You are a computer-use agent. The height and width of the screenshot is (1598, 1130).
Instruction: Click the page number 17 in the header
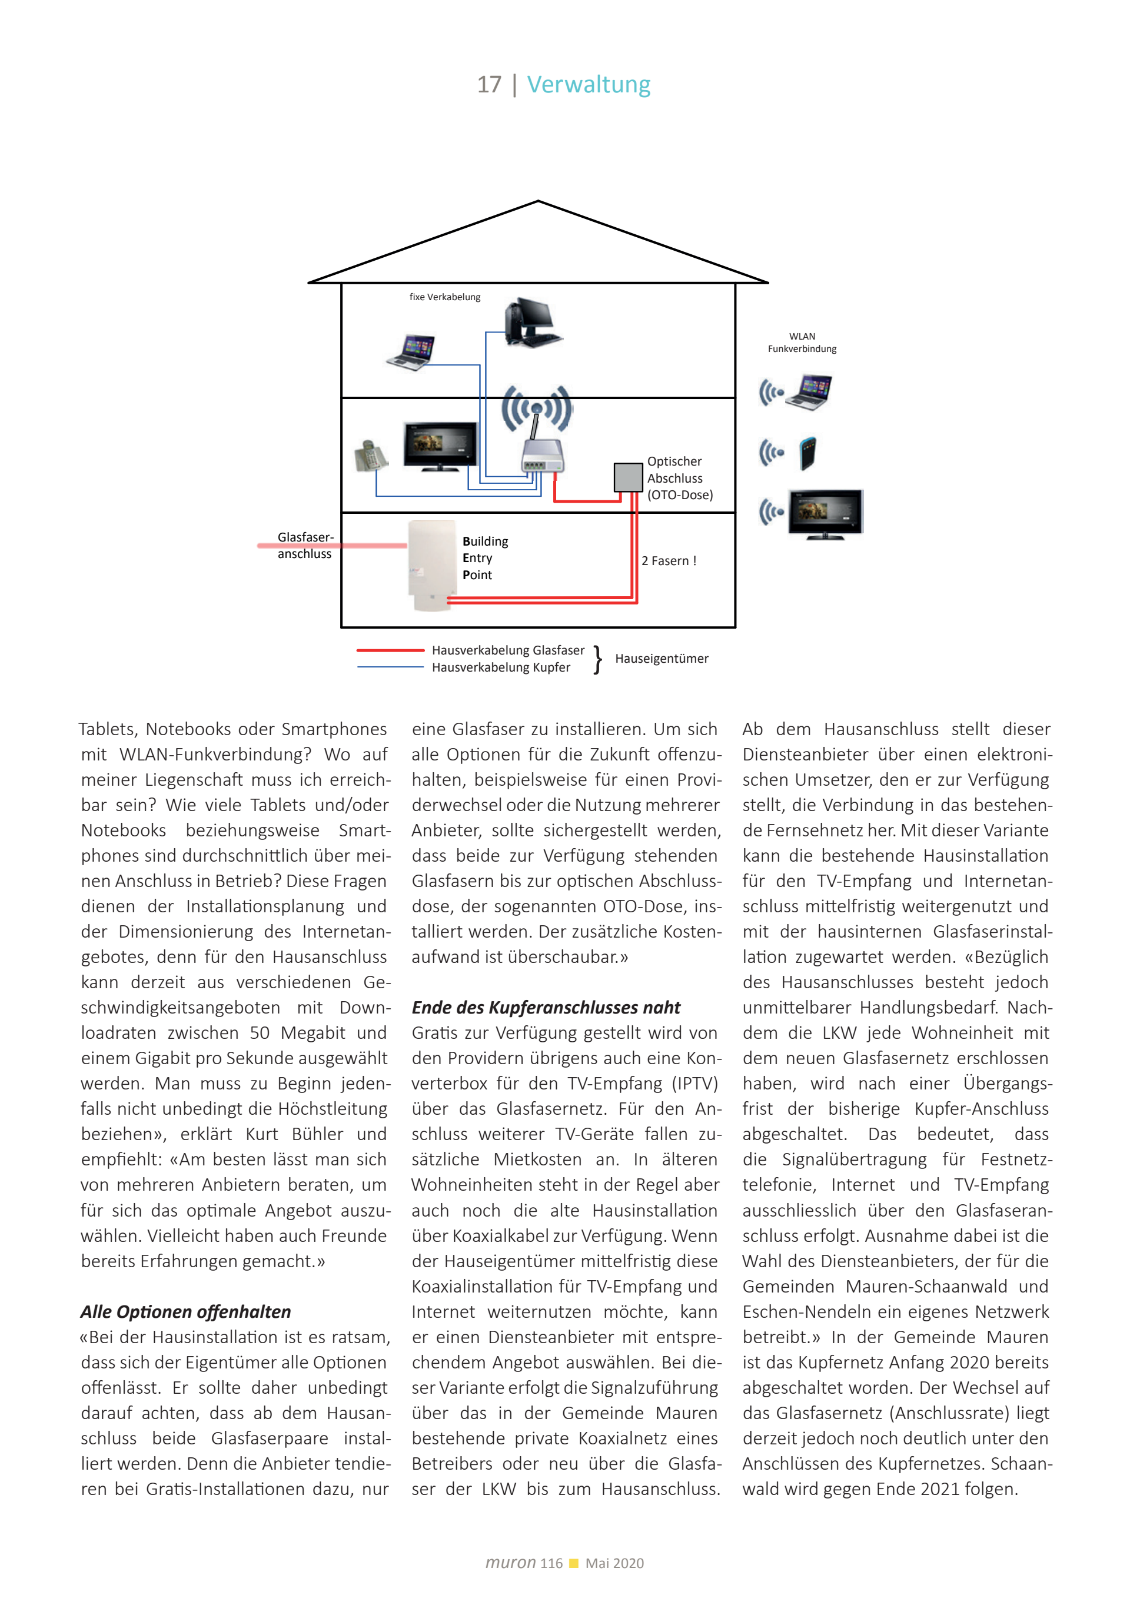[x=488, y=85]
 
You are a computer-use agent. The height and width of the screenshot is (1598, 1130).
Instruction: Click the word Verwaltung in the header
[x=588, y=85]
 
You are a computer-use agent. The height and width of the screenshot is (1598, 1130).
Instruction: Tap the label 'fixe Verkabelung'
[x=444, y=297]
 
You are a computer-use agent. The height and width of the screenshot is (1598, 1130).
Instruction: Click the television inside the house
[x=440, y=446]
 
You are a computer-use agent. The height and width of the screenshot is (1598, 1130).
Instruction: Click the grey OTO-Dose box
[x=627, y=477]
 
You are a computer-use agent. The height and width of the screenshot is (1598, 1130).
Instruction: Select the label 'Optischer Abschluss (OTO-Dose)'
[x=679, y=478]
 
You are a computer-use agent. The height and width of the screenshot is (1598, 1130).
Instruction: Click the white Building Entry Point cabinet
[x=430, y=565]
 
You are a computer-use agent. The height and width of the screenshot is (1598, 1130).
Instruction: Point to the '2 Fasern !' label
[x=668, y=561]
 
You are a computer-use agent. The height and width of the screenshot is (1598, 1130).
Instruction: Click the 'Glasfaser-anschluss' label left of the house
[x=305, y=546]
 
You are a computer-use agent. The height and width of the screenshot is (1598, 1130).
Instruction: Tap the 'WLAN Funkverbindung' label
[x=802, y=343]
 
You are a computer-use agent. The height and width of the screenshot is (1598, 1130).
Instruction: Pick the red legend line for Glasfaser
[x=390, y=650]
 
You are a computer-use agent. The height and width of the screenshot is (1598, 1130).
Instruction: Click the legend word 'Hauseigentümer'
[x=661, y=659]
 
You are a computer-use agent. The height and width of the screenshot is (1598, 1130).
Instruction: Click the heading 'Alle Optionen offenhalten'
[x=186, y=1312]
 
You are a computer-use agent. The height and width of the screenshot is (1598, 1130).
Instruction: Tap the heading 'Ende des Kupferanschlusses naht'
[x=546, y=1008]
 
